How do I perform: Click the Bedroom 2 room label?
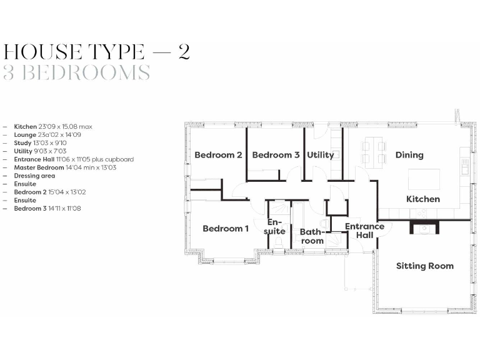(x=218, y=155)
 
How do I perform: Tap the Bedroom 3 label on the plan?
(x=276, y=155)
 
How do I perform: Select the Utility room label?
(x=320, y=155)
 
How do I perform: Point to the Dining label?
(x=409, y=155)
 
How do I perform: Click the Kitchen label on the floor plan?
(x=423, y=199)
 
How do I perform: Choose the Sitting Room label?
(x=425, y=266)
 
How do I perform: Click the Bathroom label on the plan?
(x=312, y=236)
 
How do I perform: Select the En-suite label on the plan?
(x=276, y=227)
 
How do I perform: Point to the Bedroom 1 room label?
(x=226, y=229)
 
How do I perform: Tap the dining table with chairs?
(x=374, y=152)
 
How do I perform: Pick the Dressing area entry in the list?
(x=34, y=176)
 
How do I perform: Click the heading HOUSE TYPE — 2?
(x=96, y=51)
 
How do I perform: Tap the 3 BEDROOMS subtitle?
(x=76, y=73)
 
